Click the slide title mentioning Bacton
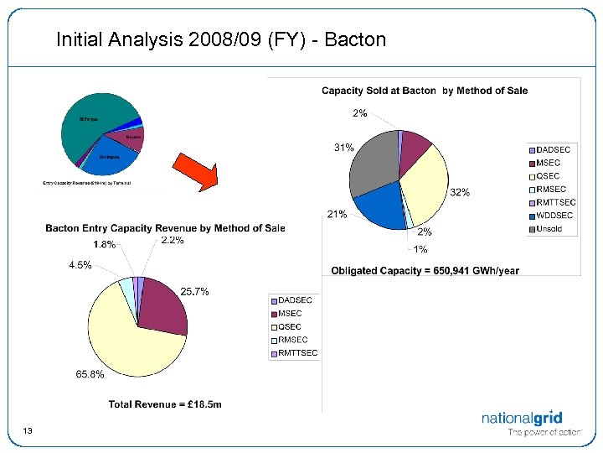(221, 39)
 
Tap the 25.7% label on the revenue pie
(194, 291)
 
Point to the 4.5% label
(81, 265)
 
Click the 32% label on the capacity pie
(460, 192)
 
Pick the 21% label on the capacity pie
(337, 214)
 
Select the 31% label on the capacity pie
(343, 148)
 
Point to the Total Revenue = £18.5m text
(165, 404)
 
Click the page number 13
(28, 430)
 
